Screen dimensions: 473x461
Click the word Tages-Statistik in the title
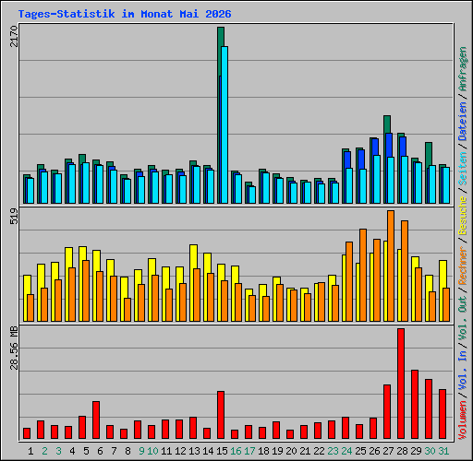67,14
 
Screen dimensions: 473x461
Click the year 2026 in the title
218,14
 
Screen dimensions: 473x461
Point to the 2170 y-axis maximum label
14,36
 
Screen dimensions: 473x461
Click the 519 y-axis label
14,216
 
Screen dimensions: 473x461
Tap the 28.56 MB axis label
14,348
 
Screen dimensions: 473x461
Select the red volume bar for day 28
401,384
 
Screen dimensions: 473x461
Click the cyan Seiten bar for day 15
224,124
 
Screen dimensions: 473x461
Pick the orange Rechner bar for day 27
391,266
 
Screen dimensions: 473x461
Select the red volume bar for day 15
221,415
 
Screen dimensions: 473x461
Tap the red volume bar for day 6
96,420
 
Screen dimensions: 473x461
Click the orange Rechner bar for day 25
363,275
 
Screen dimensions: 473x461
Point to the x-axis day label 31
443,451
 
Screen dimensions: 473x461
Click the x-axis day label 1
30,451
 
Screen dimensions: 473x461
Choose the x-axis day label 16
236,451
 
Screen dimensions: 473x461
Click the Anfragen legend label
463,69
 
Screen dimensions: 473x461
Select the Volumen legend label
463,420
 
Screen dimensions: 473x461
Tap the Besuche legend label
463,216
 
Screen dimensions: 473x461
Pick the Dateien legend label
463,121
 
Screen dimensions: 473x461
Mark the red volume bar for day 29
415,404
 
